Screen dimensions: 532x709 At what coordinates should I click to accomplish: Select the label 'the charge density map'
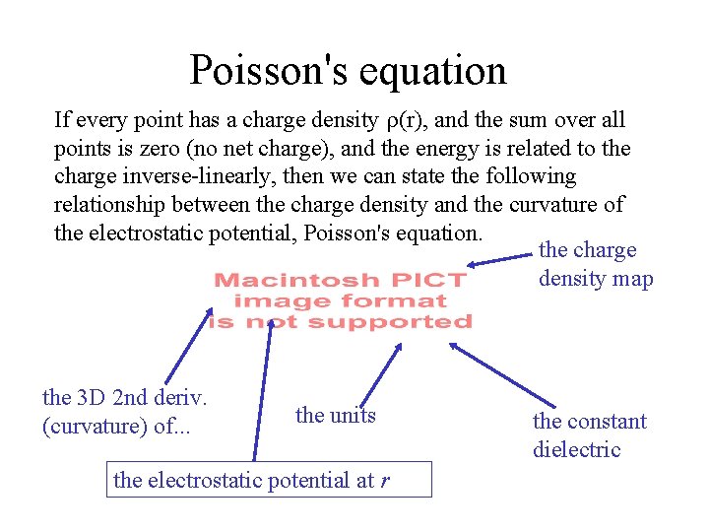595,264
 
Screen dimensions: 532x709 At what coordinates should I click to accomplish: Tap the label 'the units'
335,415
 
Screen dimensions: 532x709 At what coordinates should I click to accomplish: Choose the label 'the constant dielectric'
589,434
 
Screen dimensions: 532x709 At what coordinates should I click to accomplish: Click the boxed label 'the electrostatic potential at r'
254,480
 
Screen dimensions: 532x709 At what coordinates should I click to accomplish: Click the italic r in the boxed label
384,481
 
